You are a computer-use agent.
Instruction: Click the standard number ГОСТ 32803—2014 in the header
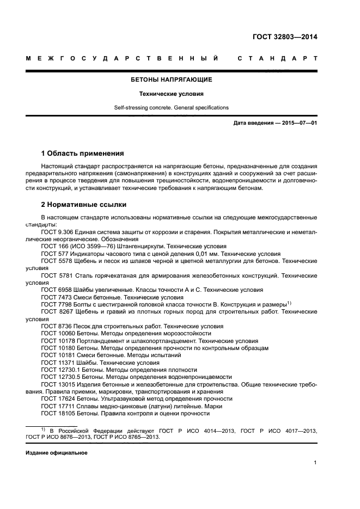pos(285,38)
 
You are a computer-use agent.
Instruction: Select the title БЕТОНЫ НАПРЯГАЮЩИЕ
pos(171,79)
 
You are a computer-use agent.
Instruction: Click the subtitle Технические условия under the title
pos(171,94)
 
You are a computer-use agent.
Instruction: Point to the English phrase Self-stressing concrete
pos(139,108)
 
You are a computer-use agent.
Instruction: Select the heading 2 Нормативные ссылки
pos(84,205)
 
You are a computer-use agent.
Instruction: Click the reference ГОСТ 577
pos(54,254)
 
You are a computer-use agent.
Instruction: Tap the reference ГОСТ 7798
pos(56,304)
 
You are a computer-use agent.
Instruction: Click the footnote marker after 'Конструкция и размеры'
pos(289,303)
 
